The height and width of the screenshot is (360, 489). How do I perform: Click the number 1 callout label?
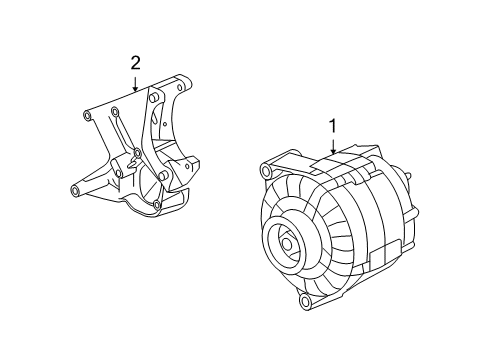(331, 126)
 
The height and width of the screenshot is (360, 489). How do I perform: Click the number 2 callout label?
(135, 64)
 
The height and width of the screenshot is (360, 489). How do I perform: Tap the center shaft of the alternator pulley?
(288, 244)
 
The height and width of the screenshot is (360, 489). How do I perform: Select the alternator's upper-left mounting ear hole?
(265, 173)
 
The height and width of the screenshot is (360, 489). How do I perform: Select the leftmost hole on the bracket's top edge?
(87, 115)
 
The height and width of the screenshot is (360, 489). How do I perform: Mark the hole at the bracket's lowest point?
(158, 209)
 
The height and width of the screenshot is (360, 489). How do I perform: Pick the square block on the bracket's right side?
(193, 162)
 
